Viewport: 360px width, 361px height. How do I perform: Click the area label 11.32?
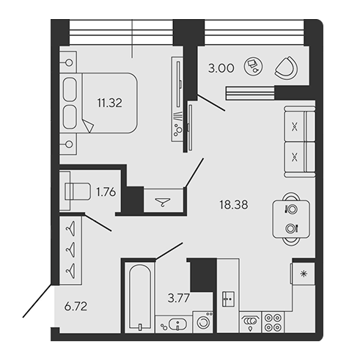(109, 103)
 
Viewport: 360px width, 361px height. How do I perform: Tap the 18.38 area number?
(234, 205)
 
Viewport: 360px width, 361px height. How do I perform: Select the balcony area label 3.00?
(221, 68)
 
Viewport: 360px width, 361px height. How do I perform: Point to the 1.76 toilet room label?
(106, 192)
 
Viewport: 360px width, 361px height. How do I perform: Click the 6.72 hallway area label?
(76, 306)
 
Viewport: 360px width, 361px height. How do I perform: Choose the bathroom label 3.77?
(179, 298)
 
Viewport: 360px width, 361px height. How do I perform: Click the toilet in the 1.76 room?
(77, 192)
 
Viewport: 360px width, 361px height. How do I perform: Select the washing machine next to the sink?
(203, 322)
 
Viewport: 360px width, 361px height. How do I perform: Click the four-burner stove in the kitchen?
(273, 322)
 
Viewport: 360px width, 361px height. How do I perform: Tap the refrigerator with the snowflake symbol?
(303, 274)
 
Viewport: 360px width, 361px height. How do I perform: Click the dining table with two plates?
(291, 219)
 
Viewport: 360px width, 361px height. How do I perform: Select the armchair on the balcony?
(287, 68)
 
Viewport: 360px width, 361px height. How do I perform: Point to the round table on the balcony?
(253, 67)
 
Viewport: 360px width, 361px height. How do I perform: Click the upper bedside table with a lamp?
(68, 62)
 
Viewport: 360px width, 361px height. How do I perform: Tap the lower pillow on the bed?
(70, 117)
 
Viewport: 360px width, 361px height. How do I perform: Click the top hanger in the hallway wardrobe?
(70, 229)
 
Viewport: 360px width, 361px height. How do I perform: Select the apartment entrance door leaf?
(37, 301)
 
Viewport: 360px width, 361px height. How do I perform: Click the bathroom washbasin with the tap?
(178, 324)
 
